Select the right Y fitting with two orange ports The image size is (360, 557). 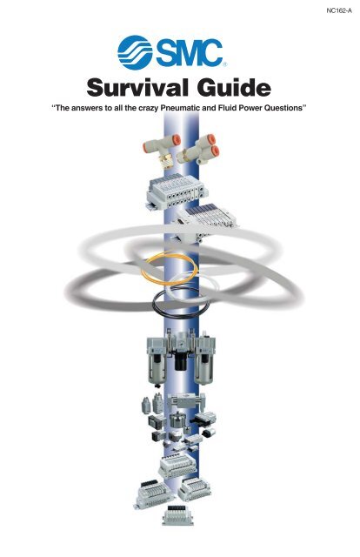[x=201, y=150]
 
